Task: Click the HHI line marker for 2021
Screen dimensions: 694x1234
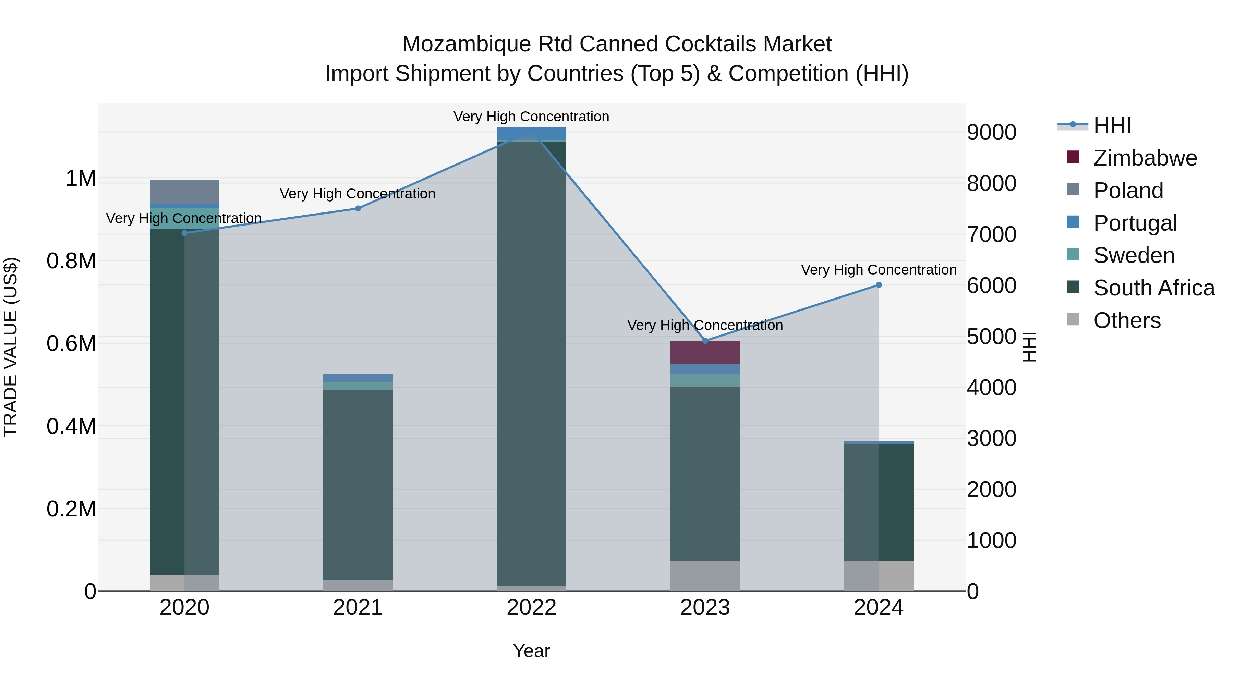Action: pyautogui.click(x=358, y=208)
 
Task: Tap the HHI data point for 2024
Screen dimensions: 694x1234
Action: pyautogui.click(x=879, y=285)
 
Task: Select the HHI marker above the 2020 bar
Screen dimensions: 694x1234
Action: pyautogui.click(x=184, y=233)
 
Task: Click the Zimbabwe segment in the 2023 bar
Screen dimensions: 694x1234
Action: pyautogui.click(x=705, y=353)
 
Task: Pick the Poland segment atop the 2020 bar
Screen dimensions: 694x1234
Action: pyautogui.click(x=184, y=192)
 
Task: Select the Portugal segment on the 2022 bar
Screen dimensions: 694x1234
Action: pyautogui.click(x=531, y=133)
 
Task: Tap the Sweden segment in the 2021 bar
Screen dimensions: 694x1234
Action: pyautogui.click(x=358, y=386)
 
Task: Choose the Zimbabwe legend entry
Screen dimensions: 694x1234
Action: pyautogui.click(x=1145, y=158)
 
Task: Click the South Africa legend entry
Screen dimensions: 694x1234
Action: pyautogui.click(x=1153, y=288)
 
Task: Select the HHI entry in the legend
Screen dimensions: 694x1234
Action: pyautogui.click(x=1112, y=125)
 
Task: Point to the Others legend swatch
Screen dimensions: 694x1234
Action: pyautogui.click(x=1073, y=319)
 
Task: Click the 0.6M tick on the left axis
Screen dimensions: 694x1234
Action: pyautogui.click(x=71, y=343)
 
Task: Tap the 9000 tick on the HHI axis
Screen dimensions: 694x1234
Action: pyautogui.click(x=991, y=133)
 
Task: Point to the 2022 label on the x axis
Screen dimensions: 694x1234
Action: pyautogui.click(x=531, y=608)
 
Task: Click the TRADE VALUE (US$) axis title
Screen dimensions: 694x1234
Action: pyautogui.click(x=11, y=347)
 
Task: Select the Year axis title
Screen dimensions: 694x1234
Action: pyautogui.click(x=531, y=651)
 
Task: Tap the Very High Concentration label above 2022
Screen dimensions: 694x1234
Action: pyautogui.click(x=531, y=117)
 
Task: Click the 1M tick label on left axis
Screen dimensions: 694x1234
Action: pyautogui.click(x=81, y=179)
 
